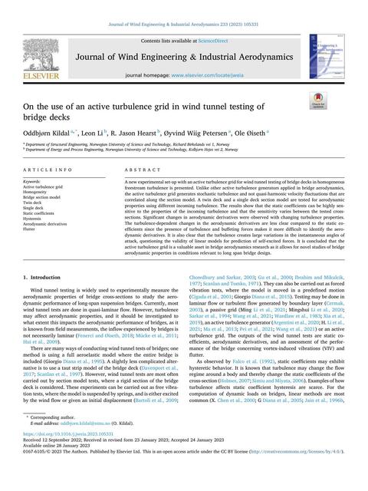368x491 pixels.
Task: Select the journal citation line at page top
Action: pos(184,5)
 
